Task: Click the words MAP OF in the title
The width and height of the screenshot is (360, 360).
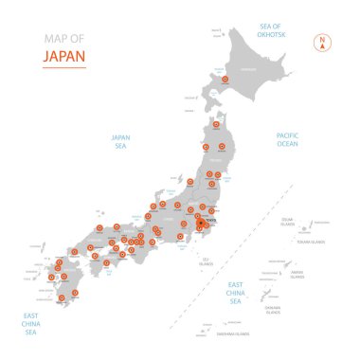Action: tap(63, 39)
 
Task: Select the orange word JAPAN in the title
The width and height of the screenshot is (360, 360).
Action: tap(64, 56)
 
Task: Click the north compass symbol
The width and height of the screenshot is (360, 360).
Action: tap(322, 43)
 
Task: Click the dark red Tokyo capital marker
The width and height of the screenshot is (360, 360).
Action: tap(201, 225)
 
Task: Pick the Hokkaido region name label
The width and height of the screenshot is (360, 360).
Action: tap(249, 70)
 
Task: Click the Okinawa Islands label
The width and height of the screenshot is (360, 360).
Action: tap(274, 310)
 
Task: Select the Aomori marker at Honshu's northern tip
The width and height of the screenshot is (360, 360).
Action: tap(216, 124)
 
